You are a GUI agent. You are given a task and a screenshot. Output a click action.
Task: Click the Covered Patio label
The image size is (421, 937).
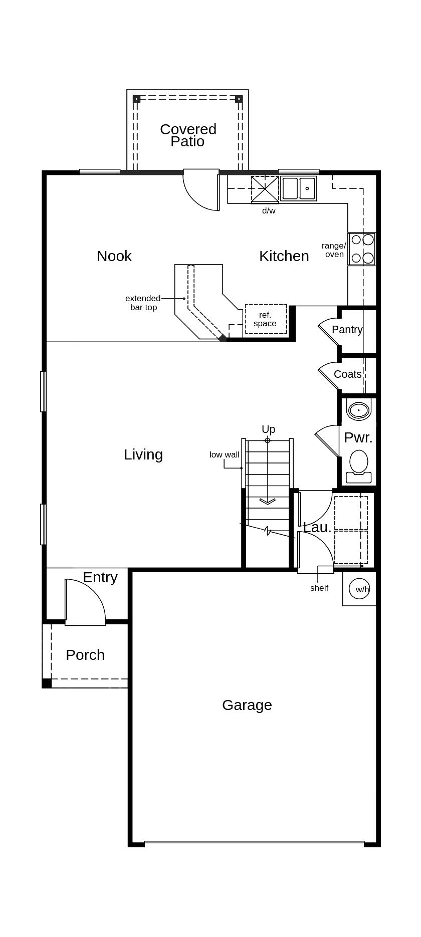tap(188, 135)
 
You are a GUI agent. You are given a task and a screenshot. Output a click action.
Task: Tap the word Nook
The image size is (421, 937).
tap(114, 256)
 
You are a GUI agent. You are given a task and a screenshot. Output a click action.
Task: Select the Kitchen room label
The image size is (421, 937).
tap(284, 256)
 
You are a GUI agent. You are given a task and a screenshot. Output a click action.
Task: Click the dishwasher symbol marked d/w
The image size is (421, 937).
tap(265, 189)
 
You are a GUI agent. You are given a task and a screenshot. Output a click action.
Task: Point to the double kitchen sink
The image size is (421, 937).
tap(299, 188)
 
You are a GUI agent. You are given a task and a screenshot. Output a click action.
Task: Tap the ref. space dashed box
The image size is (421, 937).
tap(266, 319)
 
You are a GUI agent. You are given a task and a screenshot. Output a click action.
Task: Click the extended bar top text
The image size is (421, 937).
tap(143, 303)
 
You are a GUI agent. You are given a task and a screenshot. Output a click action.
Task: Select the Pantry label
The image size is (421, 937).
tap(347, 330)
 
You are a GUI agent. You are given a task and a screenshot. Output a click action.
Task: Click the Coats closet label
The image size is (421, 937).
tap(347, 374)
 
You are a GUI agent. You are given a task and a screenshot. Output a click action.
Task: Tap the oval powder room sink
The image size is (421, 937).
tap(358, 410)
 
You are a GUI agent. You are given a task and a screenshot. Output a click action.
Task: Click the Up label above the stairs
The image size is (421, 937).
tap(268, 429)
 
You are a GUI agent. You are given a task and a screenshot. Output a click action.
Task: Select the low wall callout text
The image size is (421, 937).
tap(224, 454)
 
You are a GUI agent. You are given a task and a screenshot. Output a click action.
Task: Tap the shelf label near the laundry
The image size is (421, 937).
tap(319, 588)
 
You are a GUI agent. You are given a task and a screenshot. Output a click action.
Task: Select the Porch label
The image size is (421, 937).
tap(85, 655)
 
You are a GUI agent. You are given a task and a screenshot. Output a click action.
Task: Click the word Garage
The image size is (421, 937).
tap(247, 705)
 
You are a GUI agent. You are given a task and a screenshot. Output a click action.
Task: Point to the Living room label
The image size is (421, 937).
tap(143, 454)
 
